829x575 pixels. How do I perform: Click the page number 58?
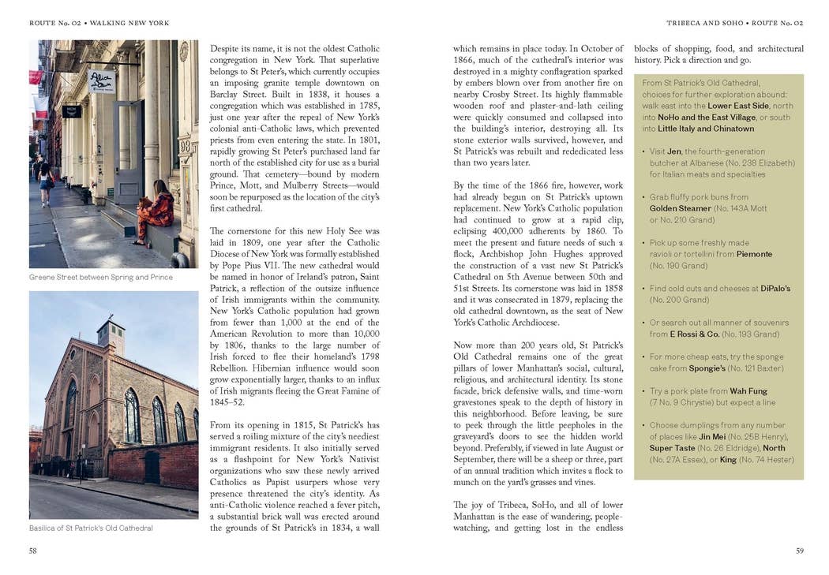[33, 551]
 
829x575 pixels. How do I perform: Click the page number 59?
[799, 551]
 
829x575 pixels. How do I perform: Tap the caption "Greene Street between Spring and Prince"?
[101, 278]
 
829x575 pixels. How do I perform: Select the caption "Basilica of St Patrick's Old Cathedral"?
[91, 528]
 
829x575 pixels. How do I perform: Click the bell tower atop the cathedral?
[111, 336]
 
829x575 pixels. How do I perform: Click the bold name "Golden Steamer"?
[680, 208]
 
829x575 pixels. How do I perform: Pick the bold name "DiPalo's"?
[775, 289]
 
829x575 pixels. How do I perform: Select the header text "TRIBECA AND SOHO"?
[704, 23]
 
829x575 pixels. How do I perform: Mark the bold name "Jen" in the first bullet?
[673, 151]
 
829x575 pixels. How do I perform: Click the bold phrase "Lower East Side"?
[738, 106]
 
